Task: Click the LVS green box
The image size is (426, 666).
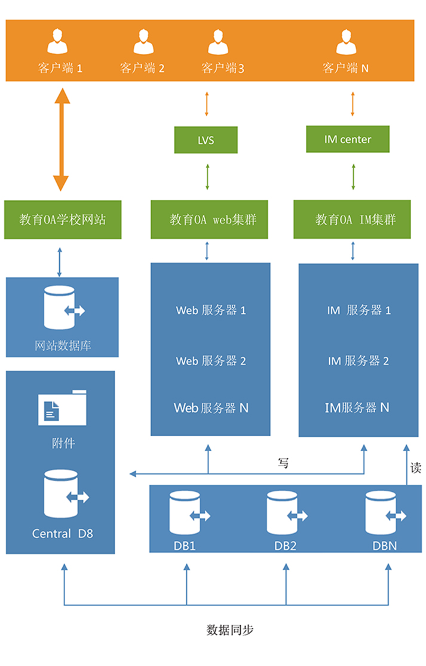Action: click(206, 140)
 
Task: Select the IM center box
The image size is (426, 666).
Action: click(347, 139)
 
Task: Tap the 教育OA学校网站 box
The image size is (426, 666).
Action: click(63, 220)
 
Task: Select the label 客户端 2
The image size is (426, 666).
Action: click(142, 68)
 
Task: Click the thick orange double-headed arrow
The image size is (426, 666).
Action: click(62, 138)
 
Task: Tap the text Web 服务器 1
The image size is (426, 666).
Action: click(211, 311)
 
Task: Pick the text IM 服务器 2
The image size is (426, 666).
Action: click(358, 361)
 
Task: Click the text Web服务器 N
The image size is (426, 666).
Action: click(211, 408)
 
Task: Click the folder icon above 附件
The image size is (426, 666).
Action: click(62, 407)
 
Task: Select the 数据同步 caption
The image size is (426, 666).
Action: click(231, 630)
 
